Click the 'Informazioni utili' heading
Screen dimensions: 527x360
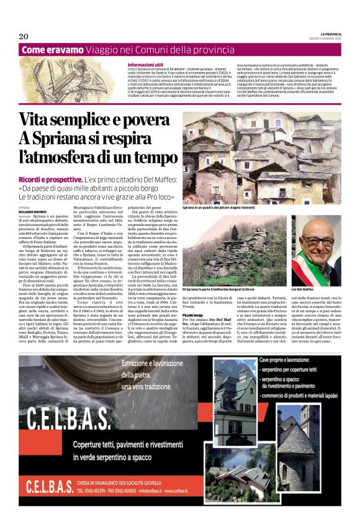[145, 65]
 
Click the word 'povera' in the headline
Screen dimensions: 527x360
[143, 119]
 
